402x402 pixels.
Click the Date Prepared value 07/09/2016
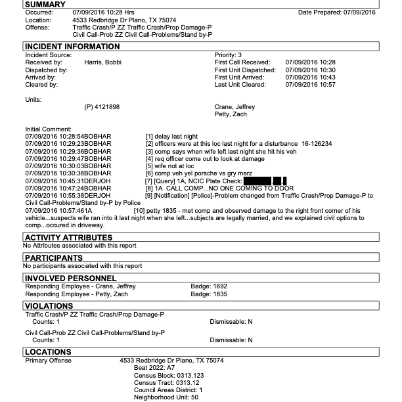point(354,12)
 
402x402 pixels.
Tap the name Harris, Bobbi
point(103,62)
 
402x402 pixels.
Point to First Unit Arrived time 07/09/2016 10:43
point(310,78)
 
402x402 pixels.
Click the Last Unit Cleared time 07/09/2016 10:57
point(310,85)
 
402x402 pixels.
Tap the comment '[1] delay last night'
point(173,136)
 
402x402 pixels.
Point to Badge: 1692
point(208,286)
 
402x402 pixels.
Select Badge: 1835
point(208,294)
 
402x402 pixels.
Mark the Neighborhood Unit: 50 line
point(166,397)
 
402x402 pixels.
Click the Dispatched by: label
point(47,70)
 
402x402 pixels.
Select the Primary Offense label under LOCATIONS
point(49,361)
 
